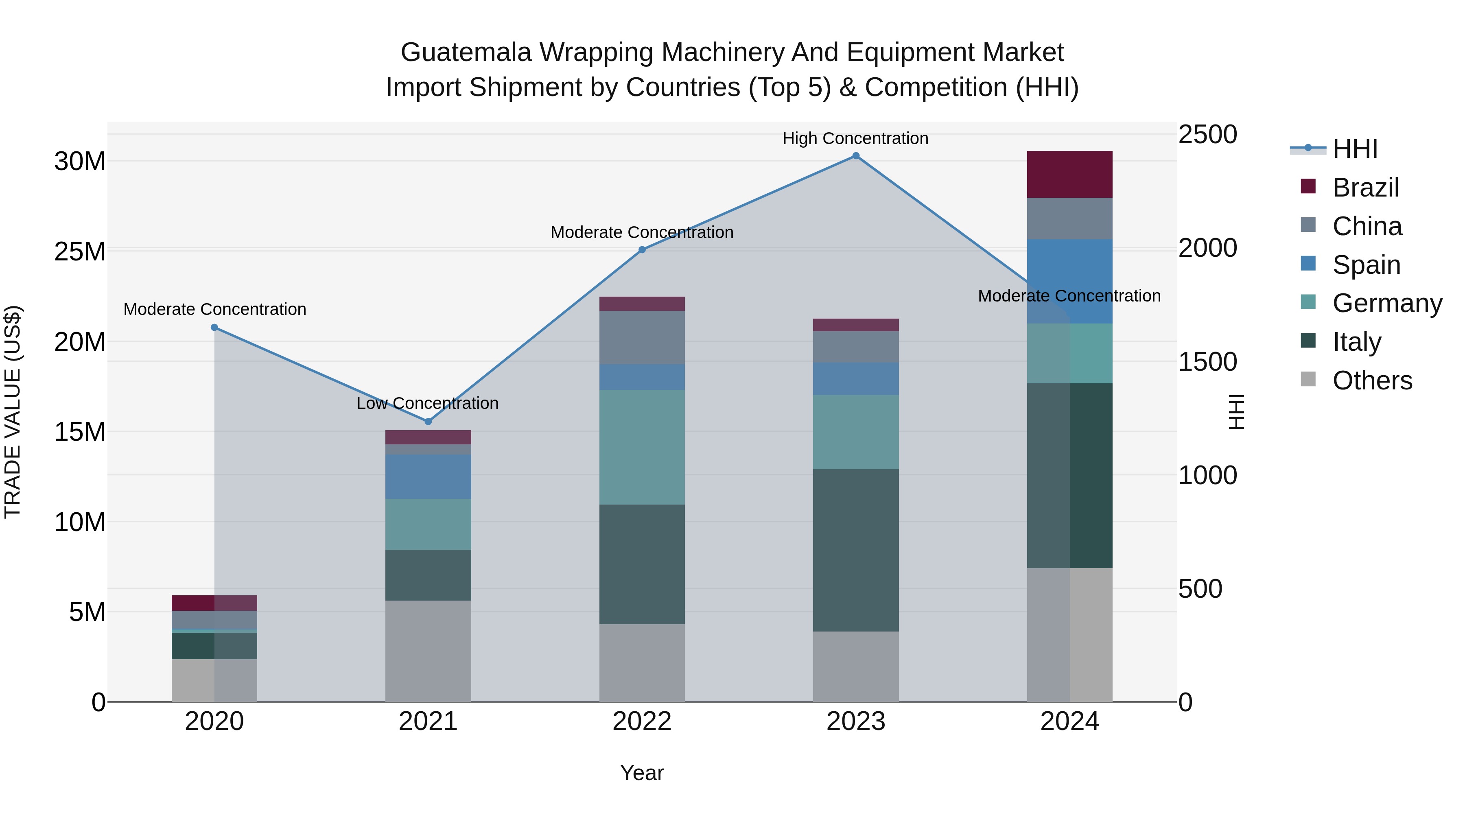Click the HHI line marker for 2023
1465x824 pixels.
pyautogui.click(x=856, y=156)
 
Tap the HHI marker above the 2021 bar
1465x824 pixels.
pyautogui.click(x=428, y=422)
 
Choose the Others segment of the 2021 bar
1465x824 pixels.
pyautogui.click(x=428, y=651)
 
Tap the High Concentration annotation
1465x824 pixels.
pyautogui.click(x=855, y=138)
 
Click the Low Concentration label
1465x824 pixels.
pyautogui.click(x=428, y=403)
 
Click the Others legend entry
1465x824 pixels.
pyautogui.click(x=1372, y=380)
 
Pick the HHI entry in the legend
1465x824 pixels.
pyautogui.click(x=1355, y=149)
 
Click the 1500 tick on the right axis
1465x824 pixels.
pyautogui.click(x=1207, y=362)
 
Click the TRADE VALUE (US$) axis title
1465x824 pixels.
pyautogui.click(x=13, y=412)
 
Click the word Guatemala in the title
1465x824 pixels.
pyautogui.click(x=466, y=52)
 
